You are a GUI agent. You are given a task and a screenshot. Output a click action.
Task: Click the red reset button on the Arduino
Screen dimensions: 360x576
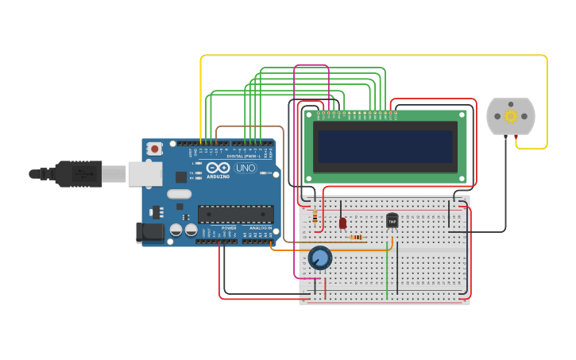click(154, 149)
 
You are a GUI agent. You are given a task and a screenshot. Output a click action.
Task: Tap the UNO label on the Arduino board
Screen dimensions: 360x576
click(245, 168)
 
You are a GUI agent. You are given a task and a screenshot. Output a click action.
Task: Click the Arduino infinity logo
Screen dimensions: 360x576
click(218, 168)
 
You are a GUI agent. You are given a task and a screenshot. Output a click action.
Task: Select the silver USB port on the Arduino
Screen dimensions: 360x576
click(145, 173)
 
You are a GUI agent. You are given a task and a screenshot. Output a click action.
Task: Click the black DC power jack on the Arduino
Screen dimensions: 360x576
click(150, 233)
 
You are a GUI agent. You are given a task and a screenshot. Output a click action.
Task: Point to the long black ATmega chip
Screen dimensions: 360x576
click(236, 214)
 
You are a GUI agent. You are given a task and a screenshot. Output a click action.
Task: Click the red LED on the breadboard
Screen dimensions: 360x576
click(342, 223)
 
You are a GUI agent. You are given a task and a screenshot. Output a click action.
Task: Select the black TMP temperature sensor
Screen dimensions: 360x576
click(392, 220)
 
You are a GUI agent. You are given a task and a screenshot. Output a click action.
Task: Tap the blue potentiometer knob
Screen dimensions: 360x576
click(319, 257)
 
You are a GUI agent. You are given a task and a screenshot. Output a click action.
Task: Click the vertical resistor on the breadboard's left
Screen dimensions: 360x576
click(315, 217)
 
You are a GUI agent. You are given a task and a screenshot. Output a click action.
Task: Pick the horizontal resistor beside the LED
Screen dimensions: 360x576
click(357, 237)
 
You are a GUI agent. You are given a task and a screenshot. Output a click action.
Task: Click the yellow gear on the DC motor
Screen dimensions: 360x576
click(511, 116)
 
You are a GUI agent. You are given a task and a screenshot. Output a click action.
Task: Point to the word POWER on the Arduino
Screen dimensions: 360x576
click(229, 228)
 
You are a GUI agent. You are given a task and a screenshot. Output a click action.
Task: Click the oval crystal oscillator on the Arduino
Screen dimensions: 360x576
click(180, 194)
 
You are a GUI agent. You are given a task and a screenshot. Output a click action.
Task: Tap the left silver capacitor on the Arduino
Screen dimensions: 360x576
click(177, 230)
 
